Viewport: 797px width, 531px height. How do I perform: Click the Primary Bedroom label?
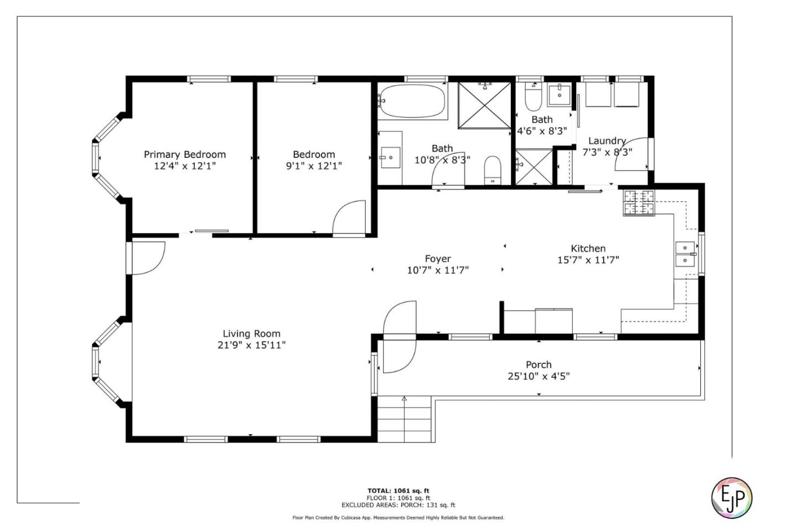pyautogui.click(x=184, y=154)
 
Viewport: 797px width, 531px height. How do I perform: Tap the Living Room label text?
pyautogui.click(x=251, y=333)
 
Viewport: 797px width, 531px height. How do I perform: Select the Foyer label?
pyautogui.click(x=437, y=259)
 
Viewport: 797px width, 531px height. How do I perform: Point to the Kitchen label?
pyautogui.click(x=588, y=249)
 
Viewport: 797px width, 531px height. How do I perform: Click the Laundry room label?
pyautogui.click(x=607, y=141)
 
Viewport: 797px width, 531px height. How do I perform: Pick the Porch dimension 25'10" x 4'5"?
pyautogui.click(x=539, y=377)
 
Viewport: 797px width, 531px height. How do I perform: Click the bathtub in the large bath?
pyautogui.click(x=412, y=101)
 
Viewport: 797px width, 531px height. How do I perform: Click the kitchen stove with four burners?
pyautogui.click(x=639, y=202)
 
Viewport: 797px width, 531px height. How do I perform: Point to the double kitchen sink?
pyautogui.click(x=685, y=254)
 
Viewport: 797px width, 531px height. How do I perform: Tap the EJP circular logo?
pyautogui.click(x=731, y=497)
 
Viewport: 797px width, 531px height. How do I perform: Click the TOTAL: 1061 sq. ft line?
pyautogui.click(x=398, y=491)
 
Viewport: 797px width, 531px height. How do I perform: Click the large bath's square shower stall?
pyautogui.click(x=485, y=105)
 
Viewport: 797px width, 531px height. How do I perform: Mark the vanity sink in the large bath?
pyautogui.click(x=390, y=157)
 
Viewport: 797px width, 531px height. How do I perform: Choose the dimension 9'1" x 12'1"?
pyautogui.click(x=314, y=166)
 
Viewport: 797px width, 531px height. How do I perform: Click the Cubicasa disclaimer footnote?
pyautogui.click(x=398, y=518)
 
